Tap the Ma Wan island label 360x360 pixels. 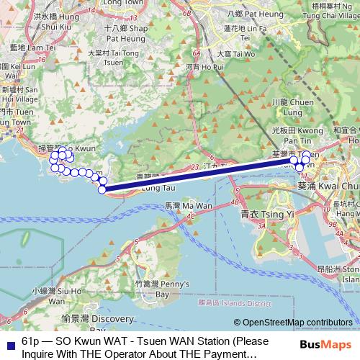(x=179, y=206)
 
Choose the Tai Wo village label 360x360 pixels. (x=235, y=53)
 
